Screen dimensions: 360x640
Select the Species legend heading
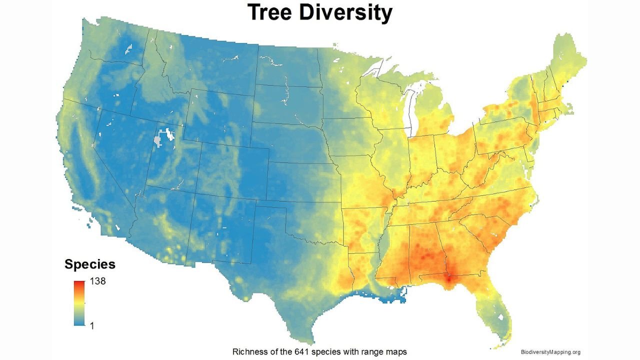[x=90, y=264]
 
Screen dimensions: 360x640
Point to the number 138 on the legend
[x=97, y=281]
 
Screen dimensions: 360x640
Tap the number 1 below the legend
[x=91, y=325]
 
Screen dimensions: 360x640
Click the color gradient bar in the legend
[x=78, y=303]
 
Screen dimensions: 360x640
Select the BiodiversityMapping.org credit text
[x=550, y=352]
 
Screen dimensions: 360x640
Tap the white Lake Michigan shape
[x=413, y=110]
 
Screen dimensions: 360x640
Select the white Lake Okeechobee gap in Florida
[x=501, y=316]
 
